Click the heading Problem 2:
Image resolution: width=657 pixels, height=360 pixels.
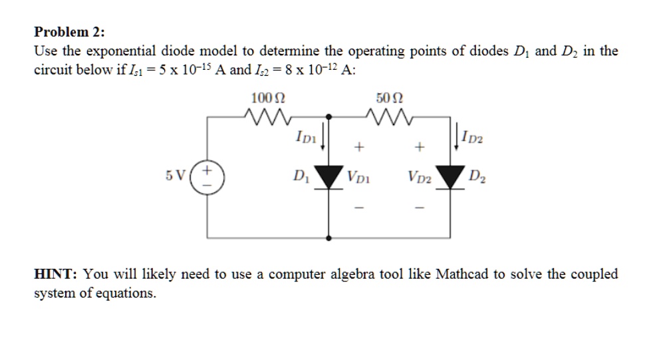(x=69, y=31)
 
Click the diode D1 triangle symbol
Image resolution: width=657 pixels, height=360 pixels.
(x=330, y=176)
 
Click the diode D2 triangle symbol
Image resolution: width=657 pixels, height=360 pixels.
(x=452, y=177)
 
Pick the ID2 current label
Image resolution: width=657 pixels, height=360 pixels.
(x=473, y=138)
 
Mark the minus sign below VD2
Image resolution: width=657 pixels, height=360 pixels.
(x=420, y=208)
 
